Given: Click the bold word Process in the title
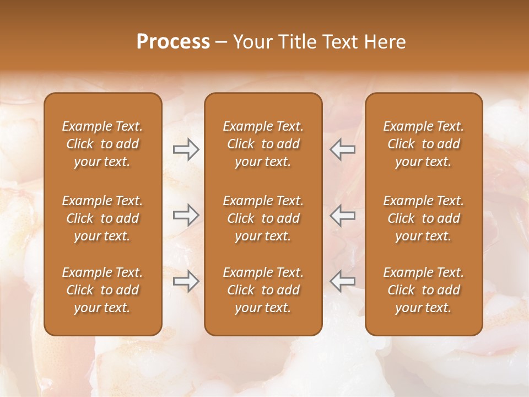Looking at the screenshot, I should click(173, 42).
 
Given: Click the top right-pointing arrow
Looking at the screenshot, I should click(186, 149).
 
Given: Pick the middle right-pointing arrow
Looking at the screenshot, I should click(186, 215).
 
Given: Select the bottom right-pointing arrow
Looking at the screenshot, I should click(186, 281).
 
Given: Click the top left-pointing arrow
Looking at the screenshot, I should click(342, 149).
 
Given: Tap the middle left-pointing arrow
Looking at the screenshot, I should click(342, 215).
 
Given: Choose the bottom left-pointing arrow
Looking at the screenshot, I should click(342, 281).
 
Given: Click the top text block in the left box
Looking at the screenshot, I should click(102, 144).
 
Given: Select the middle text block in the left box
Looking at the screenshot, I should click(102, 218).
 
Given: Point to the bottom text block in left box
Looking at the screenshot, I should click(102, 290).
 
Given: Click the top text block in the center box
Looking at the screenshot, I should click(263, 144).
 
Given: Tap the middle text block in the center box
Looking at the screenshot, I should click(263, 218).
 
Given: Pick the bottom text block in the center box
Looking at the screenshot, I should click(263, 290).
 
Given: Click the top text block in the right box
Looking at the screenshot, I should click(423, 144).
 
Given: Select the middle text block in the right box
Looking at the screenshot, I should click(423, 218).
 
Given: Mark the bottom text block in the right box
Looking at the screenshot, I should click(423, 290).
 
